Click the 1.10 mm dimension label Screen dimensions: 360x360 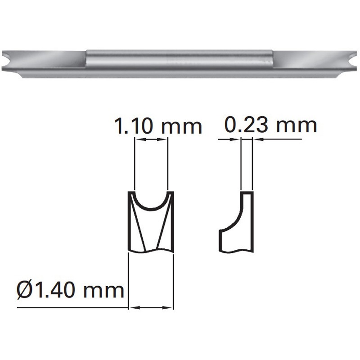(x=158, y=126)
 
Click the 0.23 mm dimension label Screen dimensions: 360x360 (x=271, y=125)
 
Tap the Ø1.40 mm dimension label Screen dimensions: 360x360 (x=71, y=290)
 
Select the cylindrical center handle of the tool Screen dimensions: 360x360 (x=179, y=59)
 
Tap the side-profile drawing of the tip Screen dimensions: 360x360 (x=237, y=222)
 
